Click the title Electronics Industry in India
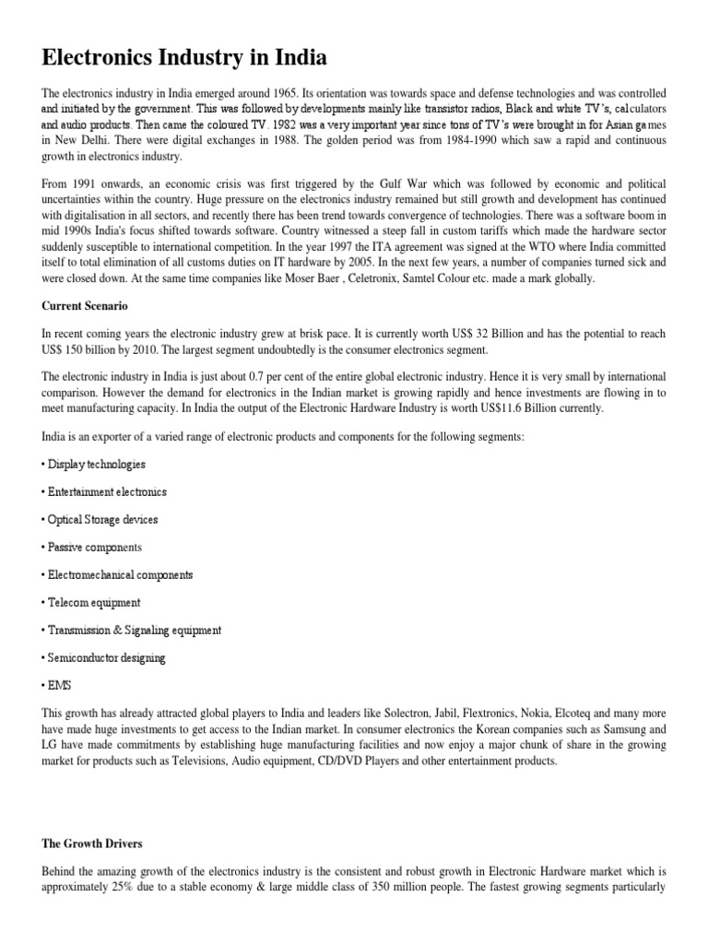pyautogui.click(x=184, y=59)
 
